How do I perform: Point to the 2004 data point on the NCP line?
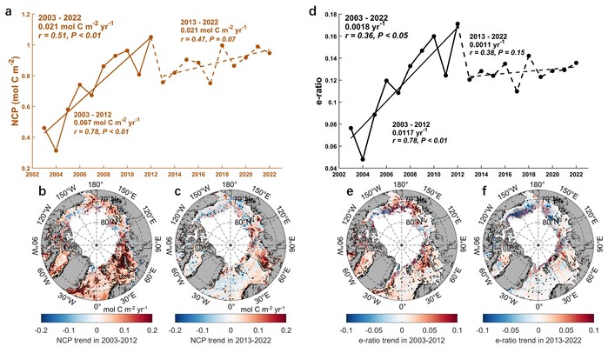(57, 150)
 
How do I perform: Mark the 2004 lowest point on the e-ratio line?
(364, 159)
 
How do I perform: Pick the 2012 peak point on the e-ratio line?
(458, 24)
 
